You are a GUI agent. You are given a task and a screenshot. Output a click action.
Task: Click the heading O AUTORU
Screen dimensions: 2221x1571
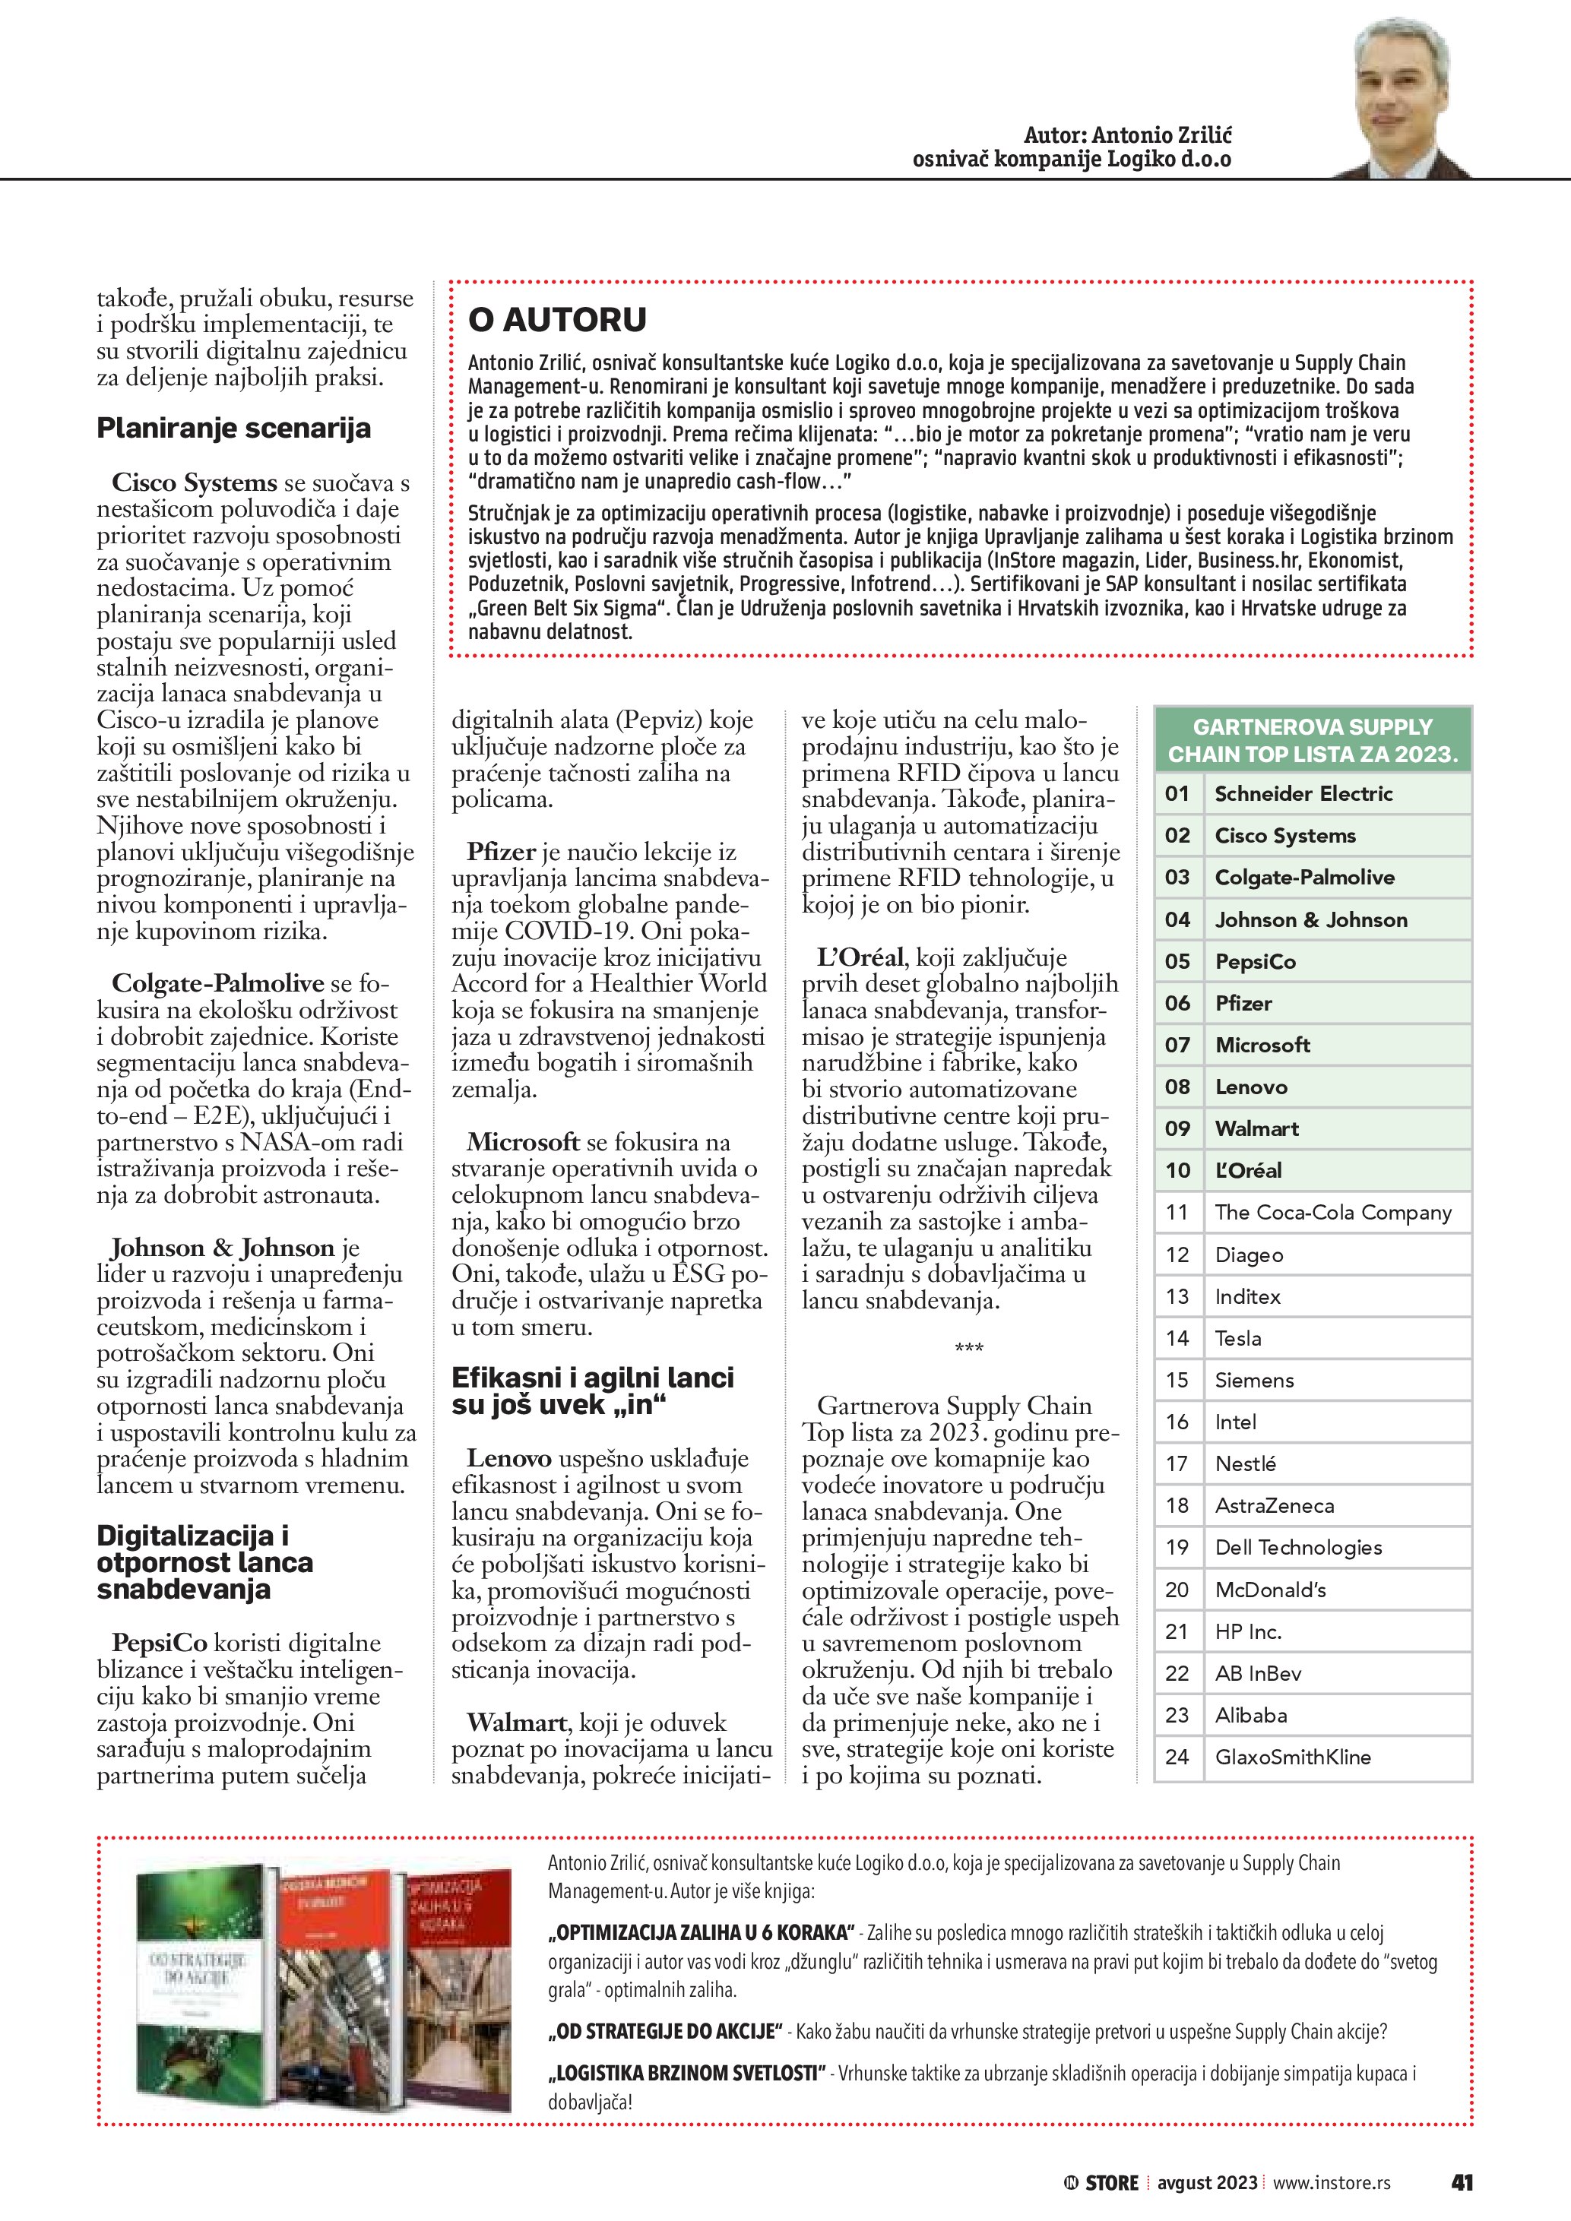pyautogui.click(x=557, y=320)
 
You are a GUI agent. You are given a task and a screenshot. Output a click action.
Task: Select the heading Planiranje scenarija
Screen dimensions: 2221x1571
pyautogui.click(x=233, y=429)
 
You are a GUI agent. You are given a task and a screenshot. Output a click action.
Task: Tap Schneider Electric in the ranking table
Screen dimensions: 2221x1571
pyautogui.click(x=1303, y=793)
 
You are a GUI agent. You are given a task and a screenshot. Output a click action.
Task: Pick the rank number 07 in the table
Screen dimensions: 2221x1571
pyautogui.click(x=1177, y=1045)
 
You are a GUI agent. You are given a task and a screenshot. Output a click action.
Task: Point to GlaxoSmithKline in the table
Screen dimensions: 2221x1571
pyautogui.click(x=1292, y=1757)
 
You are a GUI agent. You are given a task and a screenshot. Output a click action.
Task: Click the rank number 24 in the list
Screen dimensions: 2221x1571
pyautogui.click(x=1177, y=1757)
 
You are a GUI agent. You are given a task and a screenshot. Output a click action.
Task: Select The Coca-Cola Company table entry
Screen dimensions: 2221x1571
pyautogui.click(x=1333, y=1212)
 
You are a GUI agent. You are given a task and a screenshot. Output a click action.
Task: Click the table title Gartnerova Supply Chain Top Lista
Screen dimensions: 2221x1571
pyautogui.click(x=1313, y=740)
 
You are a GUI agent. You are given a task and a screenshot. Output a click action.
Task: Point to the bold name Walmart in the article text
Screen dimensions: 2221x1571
pyautogui.click(x=517, y=1722)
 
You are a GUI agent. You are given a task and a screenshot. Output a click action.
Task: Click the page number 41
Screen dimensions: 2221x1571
pyautogui.click(x=1462, y=2181)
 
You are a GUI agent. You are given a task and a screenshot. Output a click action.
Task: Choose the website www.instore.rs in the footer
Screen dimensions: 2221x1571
pyautogui.click(x=1331, y=2182)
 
